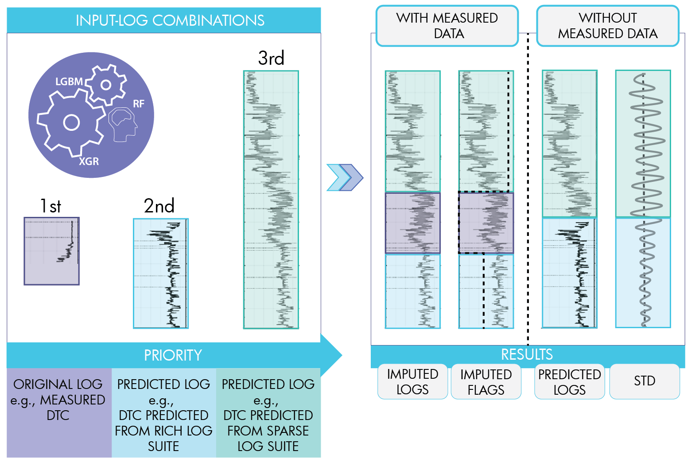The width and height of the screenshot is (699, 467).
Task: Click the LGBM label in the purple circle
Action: pyautogui.click(x=69, y=82)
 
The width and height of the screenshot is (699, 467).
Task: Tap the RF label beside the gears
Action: pyautogui.click(x=139, y=104)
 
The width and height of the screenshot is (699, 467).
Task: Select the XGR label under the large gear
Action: pyautogui.click(x=89, y=161)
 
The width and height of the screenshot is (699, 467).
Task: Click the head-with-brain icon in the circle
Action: pyautogui.click(x=123, y=125)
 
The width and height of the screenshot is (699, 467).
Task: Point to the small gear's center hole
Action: pyautogui.click(x=106, y=85)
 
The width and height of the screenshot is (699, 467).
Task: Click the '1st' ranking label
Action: pyautogui.click(x=51, y=206)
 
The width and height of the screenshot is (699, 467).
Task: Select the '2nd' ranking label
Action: pyautogui.click(x=159, y=206)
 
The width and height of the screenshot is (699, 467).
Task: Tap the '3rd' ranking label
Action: pyautogui.click(x=271, y=58)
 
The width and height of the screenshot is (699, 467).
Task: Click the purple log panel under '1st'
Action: pyautogui.click(x=51, y=251)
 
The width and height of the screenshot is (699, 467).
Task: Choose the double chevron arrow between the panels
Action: pyautogui.click(x=345, y=177)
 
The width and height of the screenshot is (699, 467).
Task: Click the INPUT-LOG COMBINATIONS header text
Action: pyautogui.click(x=170, y=20)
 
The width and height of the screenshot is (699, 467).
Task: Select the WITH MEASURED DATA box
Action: pyautogui.click(x=447, y=26)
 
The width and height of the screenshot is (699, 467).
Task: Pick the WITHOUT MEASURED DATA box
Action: pyautogui.click(x=607, y=26)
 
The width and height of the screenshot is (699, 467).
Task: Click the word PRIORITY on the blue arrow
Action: pyautogui.click(x=173, y=355)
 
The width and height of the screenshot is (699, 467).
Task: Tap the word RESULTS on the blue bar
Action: pyautogui.click(x=527, y=354)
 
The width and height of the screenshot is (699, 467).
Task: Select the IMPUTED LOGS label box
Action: pyautogui.click(x=412, y=382)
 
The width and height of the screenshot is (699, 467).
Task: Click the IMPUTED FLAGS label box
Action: pyautogui.click(x=486, y=382)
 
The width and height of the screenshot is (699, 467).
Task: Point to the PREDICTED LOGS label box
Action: pyautogui.click(x=569, y=382)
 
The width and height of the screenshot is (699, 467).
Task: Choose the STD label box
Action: pyautogui.click(x=645, y=381)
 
